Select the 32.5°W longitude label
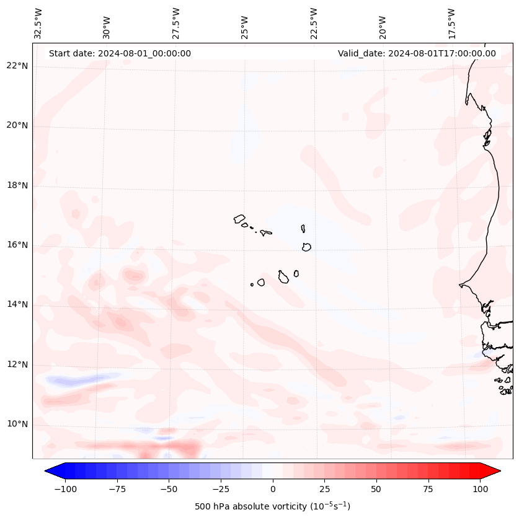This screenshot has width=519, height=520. click(38, 23)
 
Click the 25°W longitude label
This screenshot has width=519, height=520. click(245, 23)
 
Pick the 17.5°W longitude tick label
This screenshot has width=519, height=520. click(451, 23)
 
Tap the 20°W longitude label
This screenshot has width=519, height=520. click(383, 23)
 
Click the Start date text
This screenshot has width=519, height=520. click(120, 53)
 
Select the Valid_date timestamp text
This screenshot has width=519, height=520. click(417, 53)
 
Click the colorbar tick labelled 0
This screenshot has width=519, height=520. click(273, 489)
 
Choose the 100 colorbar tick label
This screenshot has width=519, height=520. click(479, 489)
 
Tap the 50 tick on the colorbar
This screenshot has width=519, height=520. click(376, 489)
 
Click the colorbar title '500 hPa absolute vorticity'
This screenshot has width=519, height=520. click(272, 506)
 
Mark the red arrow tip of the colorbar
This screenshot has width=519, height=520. click(494, 471)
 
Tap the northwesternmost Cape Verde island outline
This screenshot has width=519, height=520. click(239, 218)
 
